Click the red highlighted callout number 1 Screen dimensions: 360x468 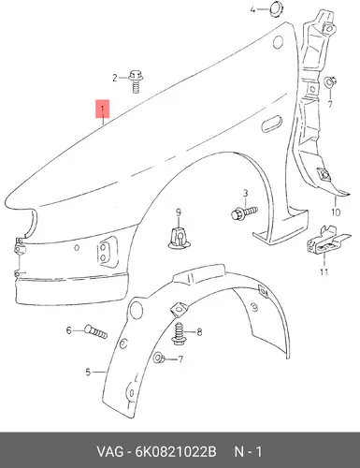tap(103, 110)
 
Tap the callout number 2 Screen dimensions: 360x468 tap(115, 78)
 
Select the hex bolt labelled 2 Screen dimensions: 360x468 tap(136, 81)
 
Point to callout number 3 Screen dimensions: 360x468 tap(245, 194)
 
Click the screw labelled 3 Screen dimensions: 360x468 tap(245, 212)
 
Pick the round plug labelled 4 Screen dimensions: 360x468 tap(276, 8)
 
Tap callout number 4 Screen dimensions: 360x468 tap(252, 9)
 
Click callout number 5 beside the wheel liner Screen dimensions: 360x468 tap(88, 372)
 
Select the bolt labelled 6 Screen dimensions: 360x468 tap(95, 331)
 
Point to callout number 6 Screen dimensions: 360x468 tap(69, 330)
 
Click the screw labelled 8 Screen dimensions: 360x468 tap(180, 333)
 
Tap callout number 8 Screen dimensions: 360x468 tap(199, 332)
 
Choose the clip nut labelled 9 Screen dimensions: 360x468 tap(179, 238)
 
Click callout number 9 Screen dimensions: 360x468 tap(179, 212)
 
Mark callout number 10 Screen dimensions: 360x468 tap(336, 212)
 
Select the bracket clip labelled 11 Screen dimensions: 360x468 tap(328, 240)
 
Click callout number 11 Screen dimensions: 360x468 tap(324, 271)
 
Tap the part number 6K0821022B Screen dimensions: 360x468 tap(175, 452)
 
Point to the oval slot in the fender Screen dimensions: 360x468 tap(271, 124)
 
